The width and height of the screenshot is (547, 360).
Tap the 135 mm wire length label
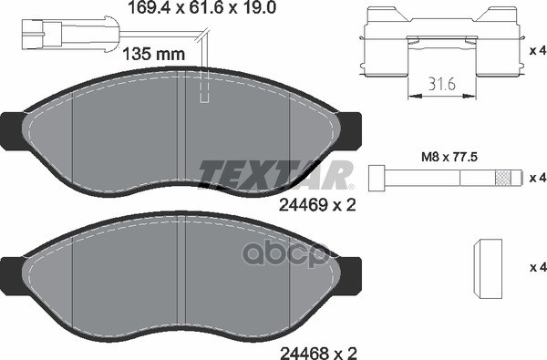[x=150, y=54]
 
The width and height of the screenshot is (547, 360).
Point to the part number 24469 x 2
[x=311, y=206]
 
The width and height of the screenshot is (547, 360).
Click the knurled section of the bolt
[x=501, y=176]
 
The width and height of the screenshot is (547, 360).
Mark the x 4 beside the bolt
[x=537, y=176]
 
